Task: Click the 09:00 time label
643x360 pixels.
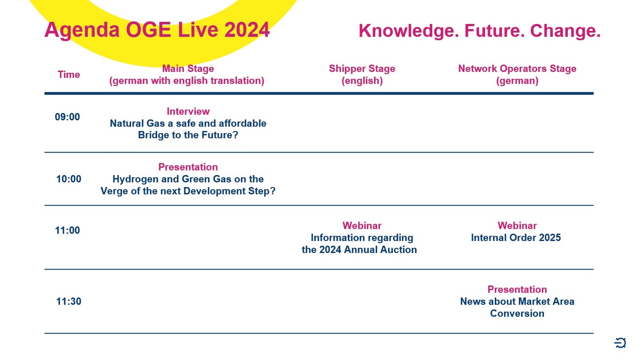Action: click(x=67, y=117)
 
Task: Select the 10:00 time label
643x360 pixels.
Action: click(x=69, y=179)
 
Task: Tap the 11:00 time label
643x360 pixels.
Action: click(x=67, y=230)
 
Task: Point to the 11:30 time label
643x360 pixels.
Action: click(x=69, y=301)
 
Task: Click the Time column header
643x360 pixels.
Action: click(x=69, y=75)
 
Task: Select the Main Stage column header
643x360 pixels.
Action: click(x=187, y=75)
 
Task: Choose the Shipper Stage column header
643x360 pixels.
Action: click(x=362, y=75)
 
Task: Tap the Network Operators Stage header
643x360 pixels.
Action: click(x=517, y=75)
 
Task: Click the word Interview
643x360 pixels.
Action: click(x=188, y=111)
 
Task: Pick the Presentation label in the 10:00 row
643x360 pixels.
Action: click(x=188, y=167)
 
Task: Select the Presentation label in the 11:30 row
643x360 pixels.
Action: click(x=517, y=289)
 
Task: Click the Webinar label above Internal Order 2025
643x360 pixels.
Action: click(x=517, y=226)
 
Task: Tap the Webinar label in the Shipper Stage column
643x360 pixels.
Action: click(x=362, y=226)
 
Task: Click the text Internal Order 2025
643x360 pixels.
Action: click(x=516, y=238)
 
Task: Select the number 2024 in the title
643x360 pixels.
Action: click(x=247, y=30)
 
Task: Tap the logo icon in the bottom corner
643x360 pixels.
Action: click(x=620, y=343)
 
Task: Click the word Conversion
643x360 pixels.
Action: click(x=517, y=313)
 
